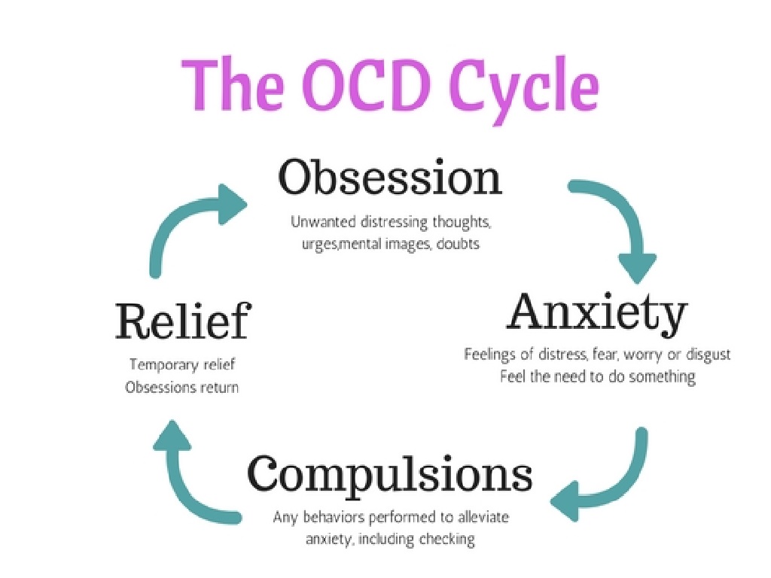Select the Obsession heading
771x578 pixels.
click(389, 179)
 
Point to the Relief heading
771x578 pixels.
click(181, 321)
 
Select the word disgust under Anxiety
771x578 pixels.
click(708, 354)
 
